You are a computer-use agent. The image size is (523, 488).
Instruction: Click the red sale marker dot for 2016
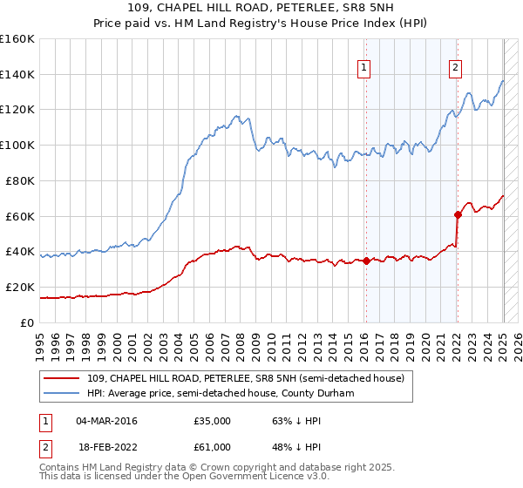[x=366, y=260]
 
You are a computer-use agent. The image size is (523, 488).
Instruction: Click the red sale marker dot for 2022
[x=458, y=213]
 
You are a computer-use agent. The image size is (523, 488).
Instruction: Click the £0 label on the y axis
[x=28, y=322]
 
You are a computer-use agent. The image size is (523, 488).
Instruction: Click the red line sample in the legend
[x=63, y=379]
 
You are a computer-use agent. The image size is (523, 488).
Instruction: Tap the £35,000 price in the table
[x=212, y=421]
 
